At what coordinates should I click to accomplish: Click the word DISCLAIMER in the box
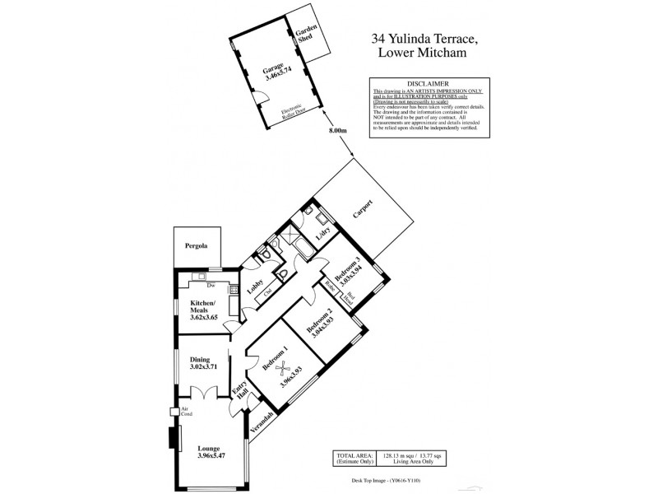425,82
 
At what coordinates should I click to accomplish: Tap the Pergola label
196,246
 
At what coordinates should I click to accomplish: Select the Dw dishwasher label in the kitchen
211,286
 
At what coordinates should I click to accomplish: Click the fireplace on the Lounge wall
174,439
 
